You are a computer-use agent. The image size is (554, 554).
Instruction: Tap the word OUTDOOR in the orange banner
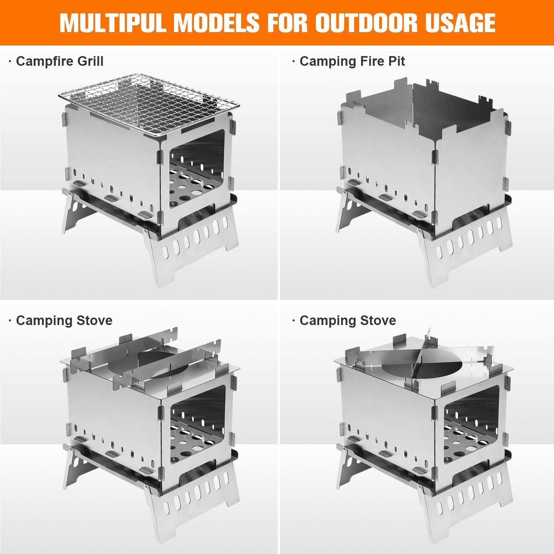366,23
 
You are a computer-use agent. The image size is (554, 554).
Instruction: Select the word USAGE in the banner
460,23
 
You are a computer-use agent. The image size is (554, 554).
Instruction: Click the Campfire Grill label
59,61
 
